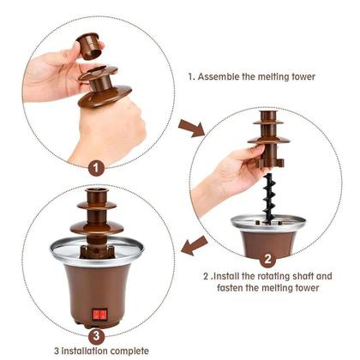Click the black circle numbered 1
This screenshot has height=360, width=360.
[96, 168]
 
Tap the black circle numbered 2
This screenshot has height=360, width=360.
[267, 258]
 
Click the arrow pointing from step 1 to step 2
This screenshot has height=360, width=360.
[191, 129]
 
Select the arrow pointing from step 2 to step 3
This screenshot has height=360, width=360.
[195, 246]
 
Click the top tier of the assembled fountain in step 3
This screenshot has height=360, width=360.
[95, 198]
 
